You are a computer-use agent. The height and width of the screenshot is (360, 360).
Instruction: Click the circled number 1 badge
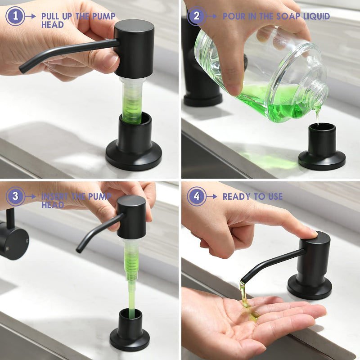[x=15, y=16]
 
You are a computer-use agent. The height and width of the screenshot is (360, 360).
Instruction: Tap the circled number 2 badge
[x=197, y=16]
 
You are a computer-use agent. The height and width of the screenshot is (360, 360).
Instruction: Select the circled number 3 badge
[x=15, y=196]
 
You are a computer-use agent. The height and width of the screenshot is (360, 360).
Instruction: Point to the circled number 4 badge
[x=197, y=196]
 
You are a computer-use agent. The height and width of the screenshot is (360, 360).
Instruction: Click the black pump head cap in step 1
[x=134, y=49]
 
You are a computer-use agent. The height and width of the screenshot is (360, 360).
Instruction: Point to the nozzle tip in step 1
[x=22, y=69]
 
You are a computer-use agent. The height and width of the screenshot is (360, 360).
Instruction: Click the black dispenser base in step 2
[x=322, y=147]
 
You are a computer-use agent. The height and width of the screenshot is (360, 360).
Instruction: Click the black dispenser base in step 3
[x=130, y=330]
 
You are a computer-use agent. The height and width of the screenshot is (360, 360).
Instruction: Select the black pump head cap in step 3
[x=131, y=217]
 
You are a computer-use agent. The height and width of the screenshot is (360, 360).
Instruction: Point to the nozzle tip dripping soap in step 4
[x=243, y=281]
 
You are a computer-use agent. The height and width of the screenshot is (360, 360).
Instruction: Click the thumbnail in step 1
[x=110, y=60]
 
